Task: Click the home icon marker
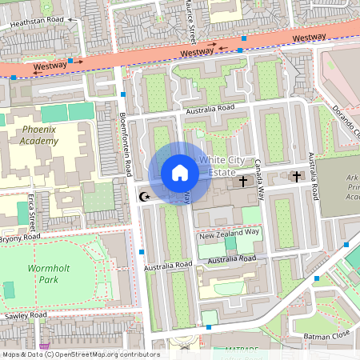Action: point(180,173)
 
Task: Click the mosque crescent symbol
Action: point(145,196)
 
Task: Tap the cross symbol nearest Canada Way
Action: point(243,182)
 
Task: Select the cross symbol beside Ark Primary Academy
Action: point(296,176)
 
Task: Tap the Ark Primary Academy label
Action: point(348,188)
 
